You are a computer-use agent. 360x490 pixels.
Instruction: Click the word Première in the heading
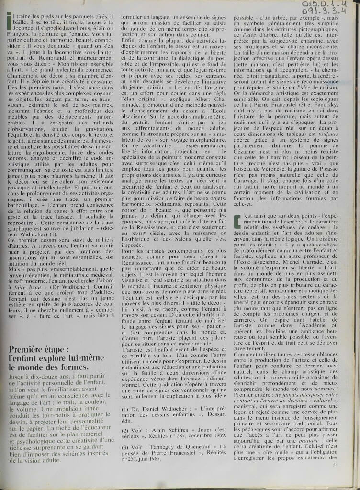coord(26,360)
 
